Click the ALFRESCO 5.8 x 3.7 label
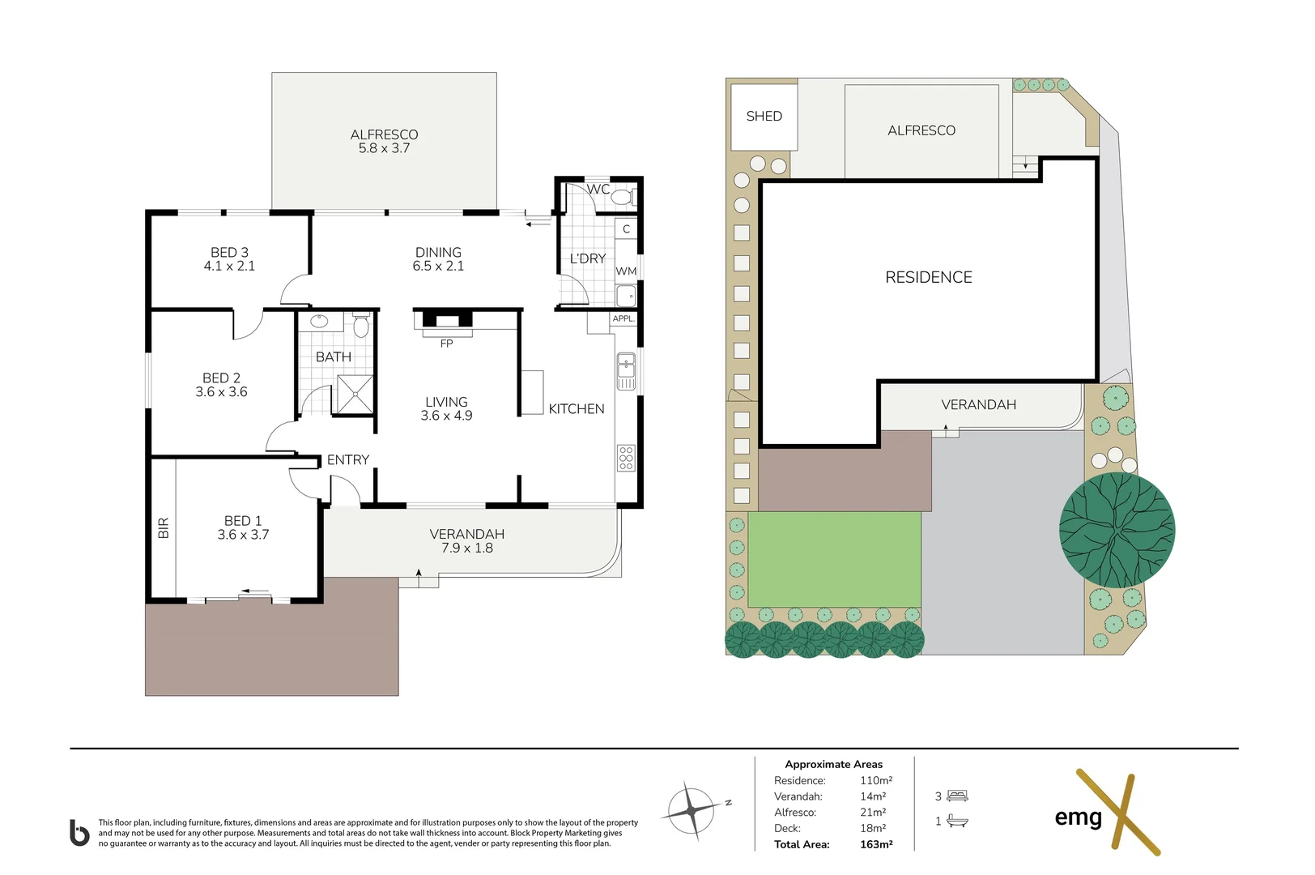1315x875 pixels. [384, 141]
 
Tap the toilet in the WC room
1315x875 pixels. [621, 197]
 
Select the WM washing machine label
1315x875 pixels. [626, 271]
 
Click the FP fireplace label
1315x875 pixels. [446, 344]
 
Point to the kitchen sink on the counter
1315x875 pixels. [626, 371]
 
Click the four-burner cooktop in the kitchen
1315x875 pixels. [626, 458]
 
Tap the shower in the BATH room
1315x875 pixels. [355, 394]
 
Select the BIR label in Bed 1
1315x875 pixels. [164, 528]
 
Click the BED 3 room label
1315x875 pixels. [229, 259]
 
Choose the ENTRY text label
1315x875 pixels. [348, 460]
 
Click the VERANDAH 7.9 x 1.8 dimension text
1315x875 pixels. [467, 548]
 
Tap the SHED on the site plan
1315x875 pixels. [764, 117]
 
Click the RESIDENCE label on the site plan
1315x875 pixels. [928, 278]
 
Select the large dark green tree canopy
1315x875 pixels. [1117, 530]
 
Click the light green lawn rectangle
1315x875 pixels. [834, 559]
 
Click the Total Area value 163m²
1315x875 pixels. [876, 844]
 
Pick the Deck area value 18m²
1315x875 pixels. [873, 828]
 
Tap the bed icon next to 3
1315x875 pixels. [957, 796]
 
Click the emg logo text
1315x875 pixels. [1078, 817]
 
